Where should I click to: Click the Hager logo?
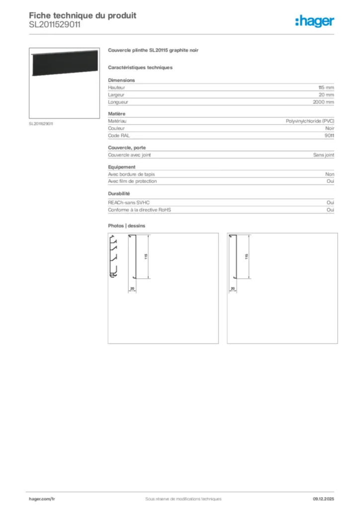tap(314, 20)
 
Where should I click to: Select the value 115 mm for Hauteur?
tap(326, 87)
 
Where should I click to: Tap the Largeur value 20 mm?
tap(326, 94)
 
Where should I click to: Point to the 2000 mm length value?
tap(324, 102)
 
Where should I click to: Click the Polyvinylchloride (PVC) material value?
tap(310, 121)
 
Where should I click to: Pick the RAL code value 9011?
tap(329, 135)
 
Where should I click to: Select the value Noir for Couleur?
tap(329, 128)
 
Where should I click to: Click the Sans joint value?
tap(323, 155)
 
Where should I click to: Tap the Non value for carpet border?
tap(330, 174)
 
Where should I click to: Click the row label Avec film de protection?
tap(132, 181)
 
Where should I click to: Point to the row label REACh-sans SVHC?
tap(129, 203)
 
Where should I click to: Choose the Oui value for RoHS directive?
tap(330, 210)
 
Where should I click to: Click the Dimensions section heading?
tap(121, 80)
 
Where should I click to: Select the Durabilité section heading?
tap(119, 193)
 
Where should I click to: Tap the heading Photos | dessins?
tap(127, 226)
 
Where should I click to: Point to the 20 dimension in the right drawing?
tap(232, 288)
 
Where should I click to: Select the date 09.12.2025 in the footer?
tap(323, 499)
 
